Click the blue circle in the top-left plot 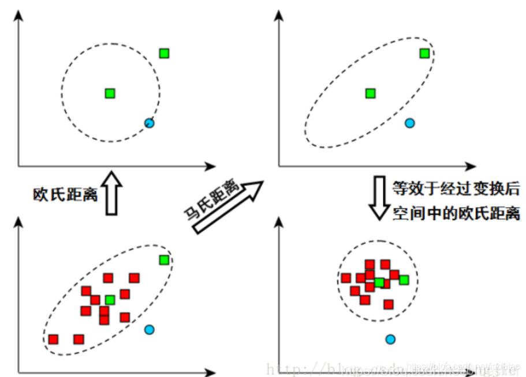pyautogui.click(x=149, y=123)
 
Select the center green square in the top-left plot pyautogui.click(x=110, y=93)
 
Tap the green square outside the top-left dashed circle pyautogui.click(x=165, y=54)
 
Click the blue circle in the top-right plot pyautogui.click(x=410, y=123)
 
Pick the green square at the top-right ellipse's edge pyautogui.click(x=424, y=54)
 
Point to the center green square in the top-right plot pyautogui.click(x=371, y=93)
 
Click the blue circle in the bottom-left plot pyautogui.click(x=150, y=330)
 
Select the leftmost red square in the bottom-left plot pyautogui.click(x=54, y=339)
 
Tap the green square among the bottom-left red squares pyautogui.click(x=110, y=300)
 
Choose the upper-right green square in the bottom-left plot pyautogui.click(x=165, y=260)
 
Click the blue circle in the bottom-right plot pyautogui.click(x=391, y=339)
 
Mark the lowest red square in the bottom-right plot pyautogui.click(x=389, y=304)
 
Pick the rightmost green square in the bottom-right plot pyautogui.click(x=404, y=280)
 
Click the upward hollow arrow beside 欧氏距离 pyautogui.click(x=113, y=193)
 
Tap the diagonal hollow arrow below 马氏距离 pyautogui.click(x=228, y=207)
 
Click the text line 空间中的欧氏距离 pyautogui.click(x=456, y=213)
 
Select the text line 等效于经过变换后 pyautogui.click(x=456, y=188)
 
